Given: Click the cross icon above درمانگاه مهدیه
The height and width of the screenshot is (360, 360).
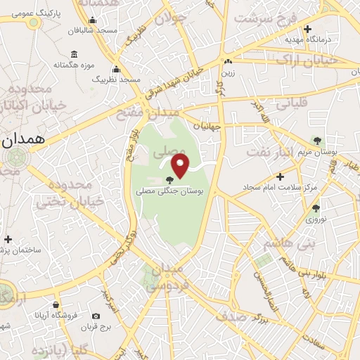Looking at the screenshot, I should pos(308,29).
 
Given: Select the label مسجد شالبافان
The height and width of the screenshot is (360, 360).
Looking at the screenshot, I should pos(96,31).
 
